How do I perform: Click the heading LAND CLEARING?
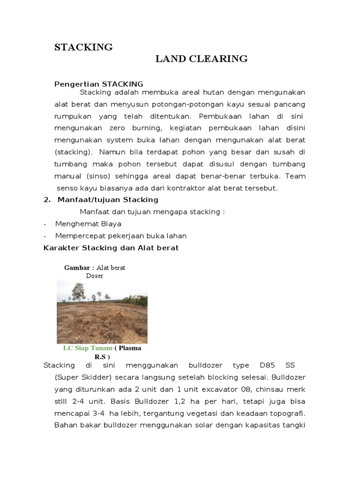202,59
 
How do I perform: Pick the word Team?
295,177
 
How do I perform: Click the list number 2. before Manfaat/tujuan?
46,200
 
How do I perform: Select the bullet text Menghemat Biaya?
88,224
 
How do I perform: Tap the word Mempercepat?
80,235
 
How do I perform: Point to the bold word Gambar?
77,268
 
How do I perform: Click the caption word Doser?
94,276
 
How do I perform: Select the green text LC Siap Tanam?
88,348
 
